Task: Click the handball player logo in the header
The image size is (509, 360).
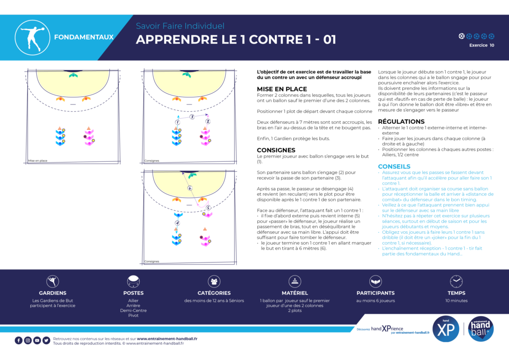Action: tap(34, 37)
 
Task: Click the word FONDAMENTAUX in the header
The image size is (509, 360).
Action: tap(84, 37)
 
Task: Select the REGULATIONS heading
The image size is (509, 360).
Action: tap(401, 121)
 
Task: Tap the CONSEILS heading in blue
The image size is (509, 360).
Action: tap(394, 167)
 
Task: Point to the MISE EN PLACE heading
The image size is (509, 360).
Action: tap(282, 89)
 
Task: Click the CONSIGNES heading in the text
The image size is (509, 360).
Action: tap(276, 150)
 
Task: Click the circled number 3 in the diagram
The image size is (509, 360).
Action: tap(192, 117)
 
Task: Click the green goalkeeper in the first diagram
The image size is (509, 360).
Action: tap(74, 75)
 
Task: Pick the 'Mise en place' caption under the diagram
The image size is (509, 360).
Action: tap(37, 161)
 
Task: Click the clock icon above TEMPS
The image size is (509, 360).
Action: tap(456, 281)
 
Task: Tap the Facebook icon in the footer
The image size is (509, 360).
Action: tap(18, 341)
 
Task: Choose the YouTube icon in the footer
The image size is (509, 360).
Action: tap(37, 341)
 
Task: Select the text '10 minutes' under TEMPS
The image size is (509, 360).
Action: tap(456, 301)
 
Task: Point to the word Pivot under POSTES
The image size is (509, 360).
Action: tap(133, 316)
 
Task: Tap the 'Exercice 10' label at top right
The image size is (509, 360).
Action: tap(482, 45)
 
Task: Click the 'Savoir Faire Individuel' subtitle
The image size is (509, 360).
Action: tap(180, 26)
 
